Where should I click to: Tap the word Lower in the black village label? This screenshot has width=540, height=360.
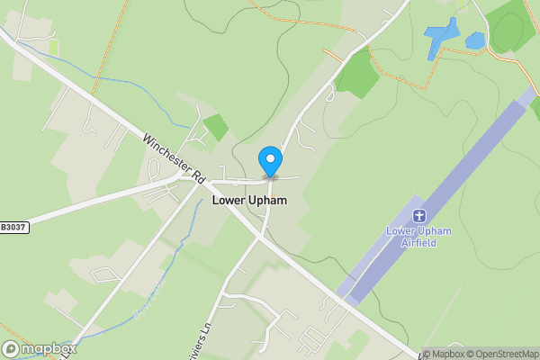click(x=229, y=201)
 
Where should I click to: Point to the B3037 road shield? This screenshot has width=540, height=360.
click(x=13, y=227)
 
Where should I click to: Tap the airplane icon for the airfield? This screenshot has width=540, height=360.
click(x=418, y=216)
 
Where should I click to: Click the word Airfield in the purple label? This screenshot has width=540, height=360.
click(x=418, y=243)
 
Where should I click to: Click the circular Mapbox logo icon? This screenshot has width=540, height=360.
click(x=12, y=348)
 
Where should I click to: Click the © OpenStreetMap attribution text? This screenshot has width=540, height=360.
click(x=499, y=354)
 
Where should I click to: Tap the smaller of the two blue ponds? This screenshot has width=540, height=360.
click(x=475, y=40)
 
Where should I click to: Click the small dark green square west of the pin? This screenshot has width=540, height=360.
click(x=216, y=127)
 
